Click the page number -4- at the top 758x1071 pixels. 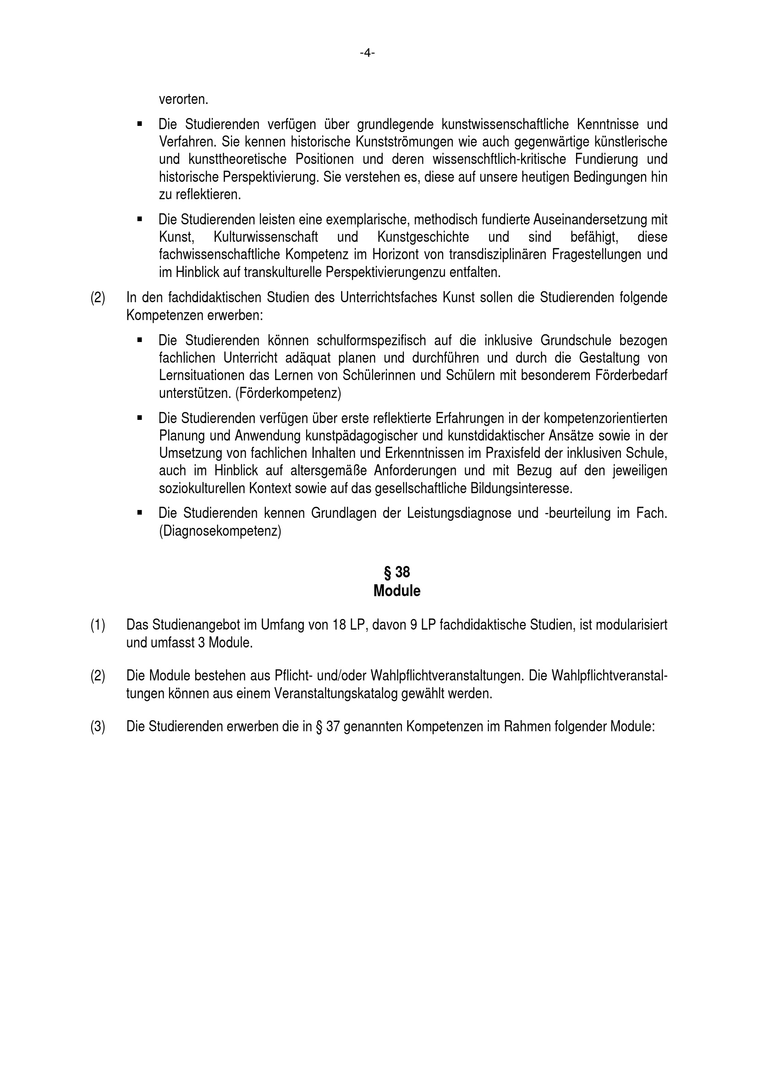tap(368, 53)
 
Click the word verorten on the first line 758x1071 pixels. tap(183, 99)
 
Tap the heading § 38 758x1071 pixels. tap(397, 572)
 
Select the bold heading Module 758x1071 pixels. tap(397, 591)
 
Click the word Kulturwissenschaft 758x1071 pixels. tap(266, 237)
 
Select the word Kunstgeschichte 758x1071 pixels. tap(423, 237)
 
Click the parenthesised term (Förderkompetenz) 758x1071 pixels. tap(288, 393)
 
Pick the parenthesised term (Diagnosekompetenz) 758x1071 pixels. tap(220, 531)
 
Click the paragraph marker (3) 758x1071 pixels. tap(98, 727)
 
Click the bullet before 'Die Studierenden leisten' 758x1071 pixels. tap(140, 218)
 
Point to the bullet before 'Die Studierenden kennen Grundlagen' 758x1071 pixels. tap(140, 512)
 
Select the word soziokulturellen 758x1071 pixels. tap(202, 489)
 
